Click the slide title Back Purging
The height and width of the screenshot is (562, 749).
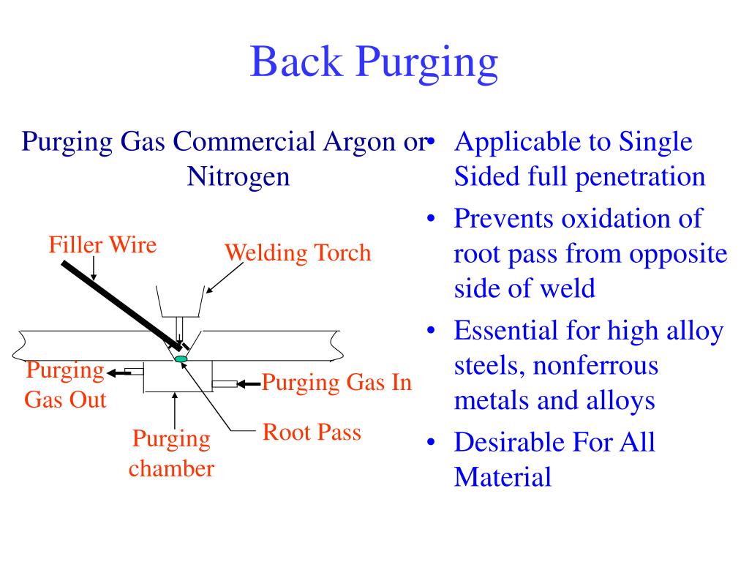pos(374,61)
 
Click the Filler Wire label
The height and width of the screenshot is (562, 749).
pos(102,244)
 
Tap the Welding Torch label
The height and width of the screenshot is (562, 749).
pos(298,253)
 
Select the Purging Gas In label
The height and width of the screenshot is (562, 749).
pos(337,382)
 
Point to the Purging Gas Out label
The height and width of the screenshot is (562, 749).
pos(65,385)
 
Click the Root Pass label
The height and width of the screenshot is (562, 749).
pos(312,432)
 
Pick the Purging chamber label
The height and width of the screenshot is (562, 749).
pos(171,454)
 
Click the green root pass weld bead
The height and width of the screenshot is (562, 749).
pos(181,359)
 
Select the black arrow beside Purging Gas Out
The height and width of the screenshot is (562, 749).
pos(119,372)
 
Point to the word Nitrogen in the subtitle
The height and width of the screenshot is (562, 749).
pos(238,177)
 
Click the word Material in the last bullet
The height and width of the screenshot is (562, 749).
pos(502,478)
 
